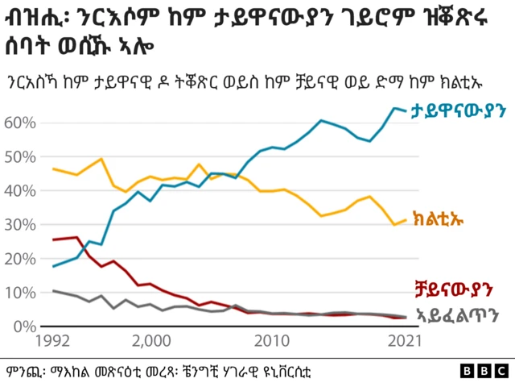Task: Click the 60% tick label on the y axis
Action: click(21, 123)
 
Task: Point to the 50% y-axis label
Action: click(21, 156)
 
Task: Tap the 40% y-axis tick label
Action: click(21, 191)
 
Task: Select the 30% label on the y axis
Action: click(21, 225)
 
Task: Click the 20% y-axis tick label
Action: click(21, 259)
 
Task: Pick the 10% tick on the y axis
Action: click(21, 293)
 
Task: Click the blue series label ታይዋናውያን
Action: click(455, 112)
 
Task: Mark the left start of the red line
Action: click(53, 239)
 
